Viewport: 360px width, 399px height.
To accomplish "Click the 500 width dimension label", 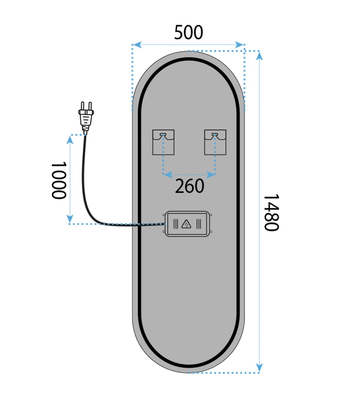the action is point(188,32).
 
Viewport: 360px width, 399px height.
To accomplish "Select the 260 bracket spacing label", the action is point(189,186).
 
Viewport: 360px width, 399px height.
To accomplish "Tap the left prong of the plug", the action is point(82,106).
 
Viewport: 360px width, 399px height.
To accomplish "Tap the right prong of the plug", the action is point(90,106).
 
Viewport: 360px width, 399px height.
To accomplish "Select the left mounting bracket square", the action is point(163,142).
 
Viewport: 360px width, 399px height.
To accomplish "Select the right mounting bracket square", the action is point(215,142).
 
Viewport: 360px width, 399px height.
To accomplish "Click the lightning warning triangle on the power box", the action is point(186,224).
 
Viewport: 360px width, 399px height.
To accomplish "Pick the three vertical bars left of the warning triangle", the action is point(176,224).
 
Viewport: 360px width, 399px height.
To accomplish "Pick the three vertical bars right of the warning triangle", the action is point(198,224).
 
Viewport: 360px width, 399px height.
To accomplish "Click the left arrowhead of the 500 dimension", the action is point(137,45).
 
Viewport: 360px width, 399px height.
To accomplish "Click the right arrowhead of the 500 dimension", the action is point(239,45).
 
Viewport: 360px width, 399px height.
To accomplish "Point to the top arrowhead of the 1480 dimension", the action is point(259,56).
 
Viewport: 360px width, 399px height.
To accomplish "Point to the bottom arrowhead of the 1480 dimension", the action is point(259,368).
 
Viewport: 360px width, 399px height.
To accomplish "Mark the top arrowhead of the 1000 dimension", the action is point(70,140).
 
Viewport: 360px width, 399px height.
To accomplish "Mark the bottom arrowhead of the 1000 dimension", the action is point(70,219).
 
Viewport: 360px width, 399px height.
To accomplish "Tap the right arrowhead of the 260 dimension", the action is point(211,175).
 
